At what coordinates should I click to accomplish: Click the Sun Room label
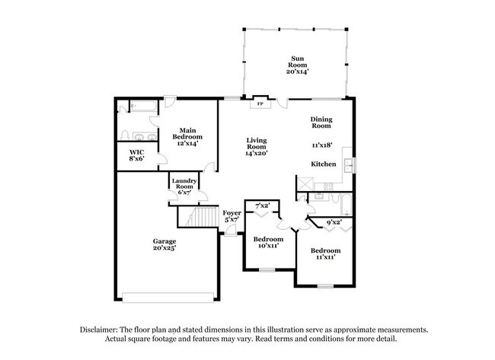pos(296,64)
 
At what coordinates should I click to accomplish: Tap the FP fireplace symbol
pos(260,104)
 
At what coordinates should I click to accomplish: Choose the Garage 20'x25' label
pos(164,244)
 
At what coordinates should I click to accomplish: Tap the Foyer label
pos(232,216)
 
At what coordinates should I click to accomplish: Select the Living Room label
pos(256,145)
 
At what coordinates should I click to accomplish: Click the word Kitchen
pos(323,164)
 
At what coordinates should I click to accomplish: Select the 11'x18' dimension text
pos(324,145)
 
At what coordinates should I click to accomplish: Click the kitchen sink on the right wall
pos(349,165)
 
